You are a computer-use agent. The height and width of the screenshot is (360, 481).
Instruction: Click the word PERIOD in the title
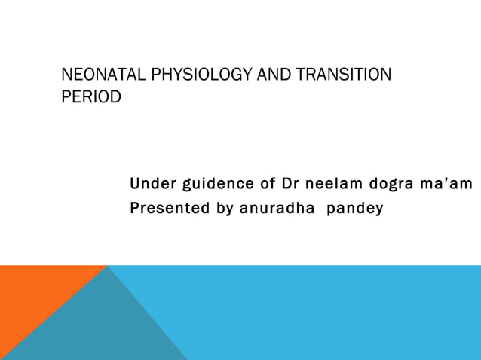[x=90, y=98]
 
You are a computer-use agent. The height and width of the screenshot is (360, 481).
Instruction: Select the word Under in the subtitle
[x=149, y=185]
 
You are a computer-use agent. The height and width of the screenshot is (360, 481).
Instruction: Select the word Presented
[x=170, y=207]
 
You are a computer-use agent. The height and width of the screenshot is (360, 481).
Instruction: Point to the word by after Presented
[x=225, y=208]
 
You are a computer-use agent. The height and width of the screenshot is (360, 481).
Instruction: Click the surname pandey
[x=355, y=208]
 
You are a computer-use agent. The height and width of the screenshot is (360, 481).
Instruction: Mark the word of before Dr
[x=267, y=185]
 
